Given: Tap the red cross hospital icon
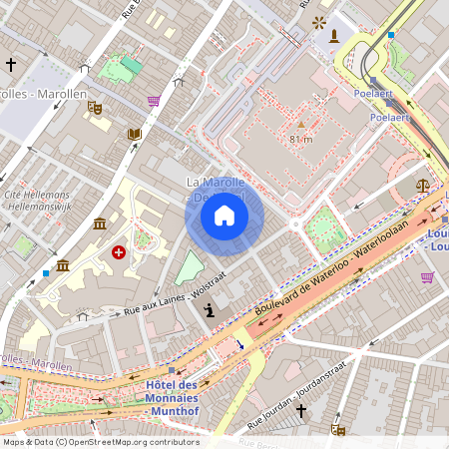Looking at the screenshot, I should pos(120,252).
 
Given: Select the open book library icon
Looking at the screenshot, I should pos(134,135).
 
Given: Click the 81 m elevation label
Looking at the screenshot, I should pos(300,139).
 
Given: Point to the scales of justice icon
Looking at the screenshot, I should pos(423,186).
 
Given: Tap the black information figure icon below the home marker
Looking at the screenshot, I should pos(209,311).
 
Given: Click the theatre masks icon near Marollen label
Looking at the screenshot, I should pos(94,106).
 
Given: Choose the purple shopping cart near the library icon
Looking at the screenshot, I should pos(154,101).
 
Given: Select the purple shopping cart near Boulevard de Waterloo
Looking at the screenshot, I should pos(427,277).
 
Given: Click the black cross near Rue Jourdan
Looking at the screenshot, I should pos(300,409).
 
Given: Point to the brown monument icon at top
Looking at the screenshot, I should pos(334,36).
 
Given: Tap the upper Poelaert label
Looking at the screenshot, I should pos(372,93).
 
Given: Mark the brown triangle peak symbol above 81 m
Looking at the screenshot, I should pos(300,125).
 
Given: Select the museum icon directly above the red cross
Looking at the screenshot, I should pos(100,224).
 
